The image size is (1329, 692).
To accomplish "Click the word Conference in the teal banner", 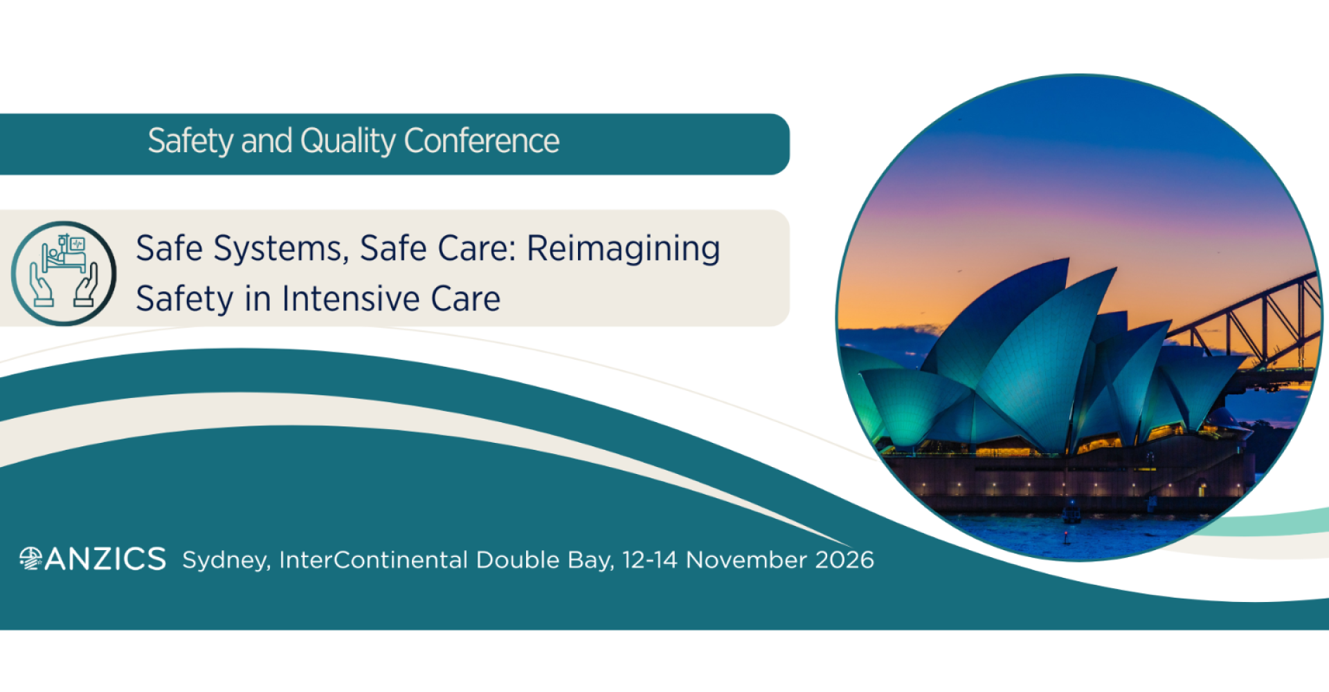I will click(x=481, y=141).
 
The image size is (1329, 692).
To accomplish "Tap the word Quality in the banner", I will click(x=347, y=141).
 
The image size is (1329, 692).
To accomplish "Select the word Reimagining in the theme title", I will click(x=623, y=248).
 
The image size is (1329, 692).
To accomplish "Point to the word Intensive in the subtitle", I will click(x=351, y=299).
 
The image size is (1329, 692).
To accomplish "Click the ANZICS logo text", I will click(x=105, y=559).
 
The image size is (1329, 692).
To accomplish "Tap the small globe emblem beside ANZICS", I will click(x=30, y=558).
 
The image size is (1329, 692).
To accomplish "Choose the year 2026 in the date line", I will click(x=844, y=559).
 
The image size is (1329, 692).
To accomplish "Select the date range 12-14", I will click(x=649, y=559).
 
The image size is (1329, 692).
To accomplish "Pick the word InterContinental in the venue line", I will click(x=374, y=559).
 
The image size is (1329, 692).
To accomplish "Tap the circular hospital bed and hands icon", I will click(x=64, y=273).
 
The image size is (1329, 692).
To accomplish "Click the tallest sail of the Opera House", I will click(x=1038, y=346).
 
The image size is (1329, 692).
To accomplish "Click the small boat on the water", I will click(x=1072, y=513).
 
